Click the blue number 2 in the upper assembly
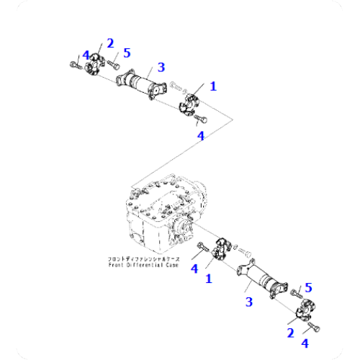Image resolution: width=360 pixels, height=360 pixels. coord(110,42)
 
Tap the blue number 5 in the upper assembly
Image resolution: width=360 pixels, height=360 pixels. coord(127,53)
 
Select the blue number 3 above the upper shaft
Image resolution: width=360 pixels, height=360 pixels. coord(161,67)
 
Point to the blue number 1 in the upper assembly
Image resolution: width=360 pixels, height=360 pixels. coord(212,86)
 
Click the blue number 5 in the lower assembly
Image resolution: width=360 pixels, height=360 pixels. coord(308,288)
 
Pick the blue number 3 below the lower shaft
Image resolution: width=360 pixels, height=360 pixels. coord(249,302)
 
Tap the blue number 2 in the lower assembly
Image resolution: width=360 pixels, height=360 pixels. coord(291,333)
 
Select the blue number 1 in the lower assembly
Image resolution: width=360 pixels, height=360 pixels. coord(209,278)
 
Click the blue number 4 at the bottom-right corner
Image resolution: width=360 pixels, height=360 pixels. coord(305,343)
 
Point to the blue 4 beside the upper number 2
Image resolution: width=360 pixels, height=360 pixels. coord(86,55)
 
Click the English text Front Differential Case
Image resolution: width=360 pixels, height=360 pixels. coord(144,265)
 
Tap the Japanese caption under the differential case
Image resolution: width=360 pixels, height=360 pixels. coord(144,258)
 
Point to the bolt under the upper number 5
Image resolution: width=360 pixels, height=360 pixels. coord(112,64)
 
